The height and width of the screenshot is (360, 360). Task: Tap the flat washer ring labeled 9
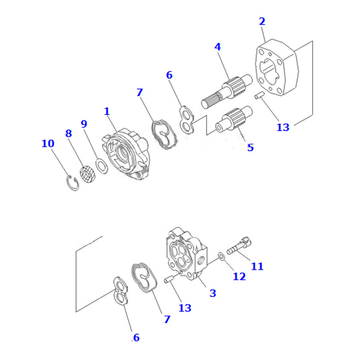tap(102, 166)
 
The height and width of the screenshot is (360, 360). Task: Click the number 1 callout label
tap(107, 111)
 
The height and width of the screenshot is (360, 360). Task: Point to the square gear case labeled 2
tap(277, 68)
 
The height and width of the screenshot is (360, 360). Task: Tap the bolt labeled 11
tap(239, 246)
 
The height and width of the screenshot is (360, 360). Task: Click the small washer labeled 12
tap(221, 256)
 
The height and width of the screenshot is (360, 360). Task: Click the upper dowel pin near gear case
tap(260, 95)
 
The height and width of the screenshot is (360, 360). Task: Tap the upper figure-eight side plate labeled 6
tap(186, 120)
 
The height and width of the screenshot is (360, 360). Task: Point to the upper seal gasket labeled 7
tap(164, 134)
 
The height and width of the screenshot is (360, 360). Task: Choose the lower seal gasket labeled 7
tap(144, 278)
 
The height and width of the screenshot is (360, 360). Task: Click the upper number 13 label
tap(283, 127)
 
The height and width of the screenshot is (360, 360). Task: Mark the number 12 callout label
tap(239, 276)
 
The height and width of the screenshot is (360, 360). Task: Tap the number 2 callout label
tap(262, 21)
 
